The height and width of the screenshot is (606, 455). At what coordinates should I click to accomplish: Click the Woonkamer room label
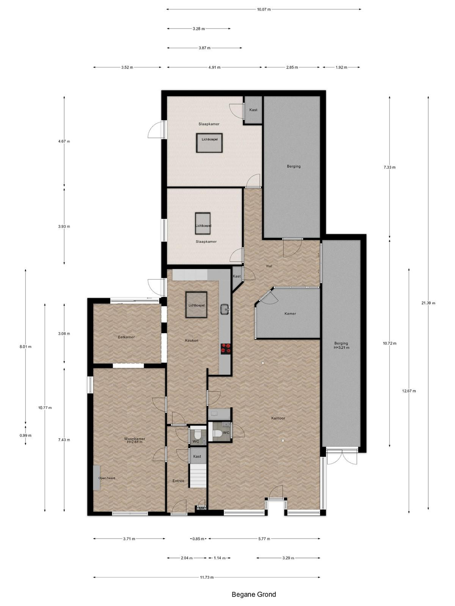134,439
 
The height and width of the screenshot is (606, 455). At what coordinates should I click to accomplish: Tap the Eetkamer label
126,337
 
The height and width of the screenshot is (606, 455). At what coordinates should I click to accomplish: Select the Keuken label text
192,340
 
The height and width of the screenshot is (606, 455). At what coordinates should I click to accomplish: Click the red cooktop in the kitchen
226,348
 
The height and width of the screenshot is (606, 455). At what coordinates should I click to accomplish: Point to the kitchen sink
225,309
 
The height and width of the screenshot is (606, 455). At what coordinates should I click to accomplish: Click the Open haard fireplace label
107,478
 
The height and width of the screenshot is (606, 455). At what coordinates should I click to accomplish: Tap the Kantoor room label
278,418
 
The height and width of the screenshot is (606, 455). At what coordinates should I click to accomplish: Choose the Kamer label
290,313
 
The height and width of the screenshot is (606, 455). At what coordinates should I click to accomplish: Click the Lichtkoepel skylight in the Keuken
196,305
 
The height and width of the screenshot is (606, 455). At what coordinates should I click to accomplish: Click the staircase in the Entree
198,475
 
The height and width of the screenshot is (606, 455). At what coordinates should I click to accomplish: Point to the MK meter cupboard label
201,508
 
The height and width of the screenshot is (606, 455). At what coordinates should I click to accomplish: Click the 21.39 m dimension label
428,303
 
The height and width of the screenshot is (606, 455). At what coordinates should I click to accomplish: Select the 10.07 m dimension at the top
264,9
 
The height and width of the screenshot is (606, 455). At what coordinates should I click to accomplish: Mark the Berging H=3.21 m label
342,345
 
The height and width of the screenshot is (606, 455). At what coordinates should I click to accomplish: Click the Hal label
269,266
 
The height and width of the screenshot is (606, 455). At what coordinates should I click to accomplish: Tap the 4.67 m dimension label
64,141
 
